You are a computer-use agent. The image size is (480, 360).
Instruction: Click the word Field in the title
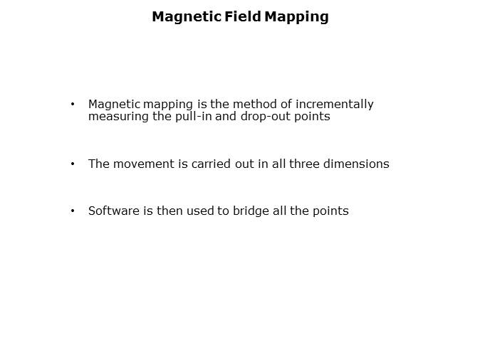242,16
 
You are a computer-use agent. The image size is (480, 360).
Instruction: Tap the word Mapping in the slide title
297,17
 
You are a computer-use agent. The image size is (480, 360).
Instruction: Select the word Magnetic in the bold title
187,17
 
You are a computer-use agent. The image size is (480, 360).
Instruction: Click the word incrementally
334,105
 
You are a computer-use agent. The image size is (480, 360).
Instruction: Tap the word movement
144,164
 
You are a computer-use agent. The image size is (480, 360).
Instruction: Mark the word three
304,164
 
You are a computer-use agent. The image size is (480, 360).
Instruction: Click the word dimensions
356,164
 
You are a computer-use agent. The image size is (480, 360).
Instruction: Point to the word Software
114,211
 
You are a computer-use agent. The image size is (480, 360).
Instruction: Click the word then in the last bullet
169,211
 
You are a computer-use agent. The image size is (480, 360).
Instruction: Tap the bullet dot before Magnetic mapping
73,105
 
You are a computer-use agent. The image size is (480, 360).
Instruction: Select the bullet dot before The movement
73,164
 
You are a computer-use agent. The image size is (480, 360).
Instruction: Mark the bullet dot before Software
73,211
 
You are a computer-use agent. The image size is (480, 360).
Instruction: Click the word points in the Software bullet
330,211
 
